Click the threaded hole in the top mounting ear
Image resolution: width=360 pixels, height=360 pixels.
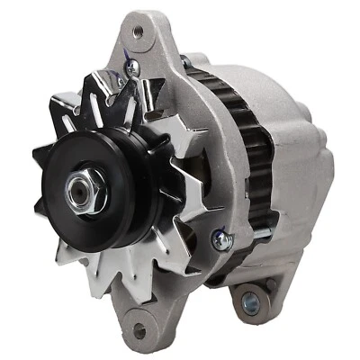(138, 33)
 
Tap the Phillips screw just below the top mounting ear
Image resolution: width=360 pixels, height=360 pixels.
(131, 67)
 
